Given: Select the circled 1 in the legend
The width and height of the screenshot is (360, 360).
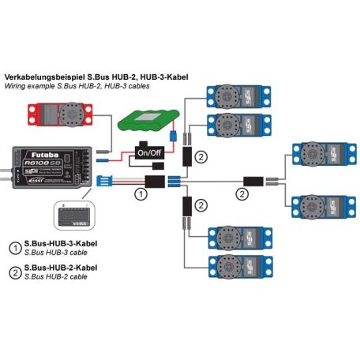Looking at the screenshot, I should click(x=15, y=246).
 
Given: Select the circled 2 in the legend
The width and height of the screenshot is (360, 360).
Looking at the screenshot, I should click(x=15, y=272).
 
